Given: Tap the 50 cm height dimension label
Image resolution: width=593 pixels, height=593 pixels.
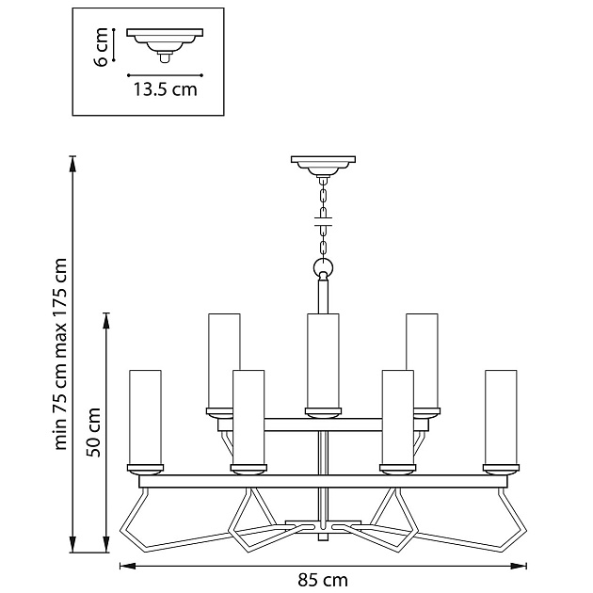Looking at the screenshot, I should point(94,432).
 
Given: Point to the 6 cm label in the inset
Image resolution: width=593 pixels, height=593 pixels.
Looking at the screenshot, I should point(100,46).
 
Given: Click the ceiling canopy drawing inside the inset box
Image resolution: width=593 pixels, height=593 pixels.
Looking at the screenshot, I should point(166,41).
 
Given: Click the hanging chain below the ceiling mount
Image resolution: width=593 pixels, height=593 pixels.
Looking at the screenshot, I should point(324,216).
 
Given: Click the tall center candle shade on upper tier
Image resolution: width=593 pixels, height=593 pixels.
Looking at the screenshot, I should point(323,359).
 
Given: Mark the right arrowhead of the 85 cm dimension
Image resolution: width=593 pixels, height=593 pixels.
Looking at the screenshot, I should point(521,566).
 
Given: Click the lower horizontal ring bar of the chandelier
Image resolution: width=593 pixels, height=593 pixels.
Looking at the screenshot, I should point(323,481).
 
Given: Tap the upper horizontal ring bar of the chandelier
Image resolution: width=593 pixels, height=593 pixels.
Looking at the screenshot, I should point(323,425).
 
